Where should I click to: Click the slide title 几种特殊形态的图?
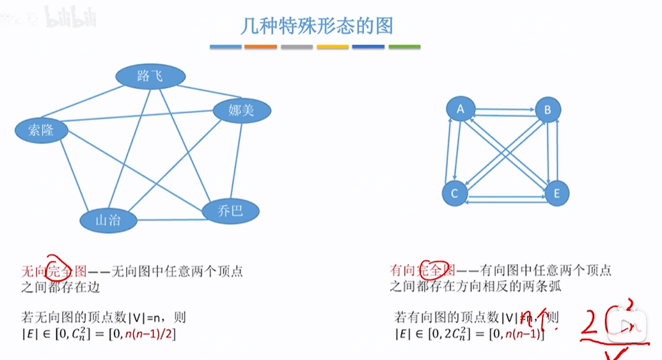coord(316,26)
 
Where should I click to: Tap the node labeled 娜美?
coord(241,111)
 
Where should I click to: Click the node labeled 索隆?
coord(41,130)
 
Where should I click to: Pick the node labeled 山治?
coord(108,221)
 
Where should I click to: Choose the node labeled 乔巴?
coord(230,210)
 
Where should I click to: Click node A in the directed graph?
coord(460,109)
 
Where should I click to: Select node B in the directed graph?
coord(548,110)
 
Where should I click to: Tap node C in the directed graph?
coord(455,193)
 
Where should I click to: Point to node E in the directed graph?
coord(556,193)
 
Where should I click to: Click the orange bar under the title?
coord(260,47)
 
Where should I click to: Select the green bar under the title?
coord(404,47)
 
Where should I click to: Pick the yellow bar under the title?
coord(333,47)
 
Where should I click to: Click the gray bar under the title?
coord(296,47)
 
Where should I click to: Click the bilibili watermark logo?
coord(71,19)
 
